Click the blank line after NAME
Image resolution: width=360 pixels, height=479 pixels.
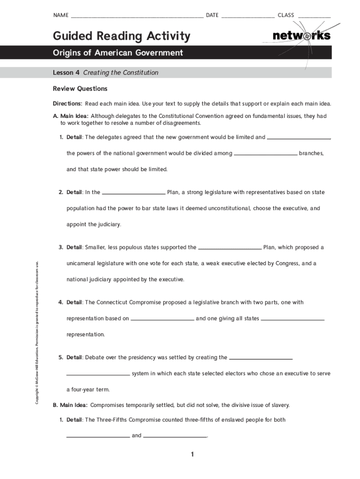coord(137,16)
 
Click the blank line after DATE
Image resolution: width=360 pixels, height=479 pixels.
coord(248,16)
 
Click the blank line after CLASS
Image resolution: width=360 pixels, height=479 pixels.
coord(314,16)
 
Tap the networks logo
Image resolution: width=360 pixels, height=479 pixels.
coord(301,36)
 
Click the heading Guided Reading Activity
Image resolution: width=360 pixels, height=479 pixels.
coord(122,36)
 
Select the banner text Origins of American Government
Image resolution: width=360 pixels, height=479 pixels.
coord(118,53)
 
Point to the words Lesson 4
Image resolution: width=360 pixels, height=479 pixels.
coord(66,73)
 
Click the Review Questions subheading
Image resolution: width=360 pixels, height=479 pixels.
coord(80,89)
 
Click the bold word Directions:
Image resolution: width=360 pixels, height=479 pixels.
coord(68,103)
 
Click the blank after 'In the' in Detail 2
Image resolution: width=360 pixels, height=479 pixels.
coord(134,193)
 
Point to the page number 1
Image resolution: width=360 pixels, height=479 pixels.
coord(192,455)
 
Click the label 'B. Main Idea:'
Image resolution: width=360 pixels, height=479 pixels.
coord(70,405)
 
